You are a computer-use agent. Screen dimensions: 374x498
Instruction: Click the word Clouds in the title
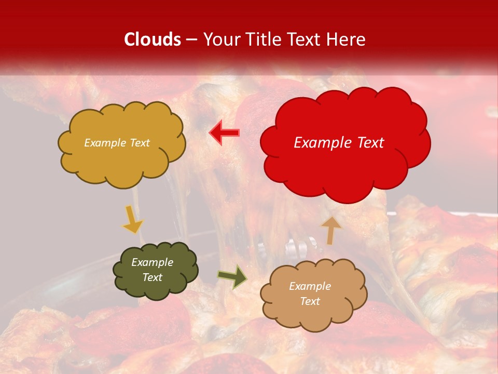[153, 39]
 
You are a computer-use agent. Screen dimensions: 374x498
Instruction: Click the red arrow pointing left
[224, 133]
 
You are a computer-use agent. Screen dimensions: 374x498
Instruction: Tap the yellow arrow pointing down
[133, 219]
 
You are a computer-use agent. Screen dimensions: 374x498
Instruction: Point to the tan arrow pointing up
[330, 230]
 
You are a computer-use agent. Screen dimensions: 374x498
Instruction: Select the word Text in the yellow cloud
[140, 143]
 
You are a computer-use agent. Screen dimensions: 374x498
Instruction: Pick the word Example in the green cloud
[152, 262]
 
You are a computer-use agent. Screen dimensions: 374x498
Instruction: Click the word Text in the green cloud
[153, 277]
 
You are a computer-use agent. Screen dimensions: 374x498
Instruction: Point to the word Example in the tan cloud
[310, 286]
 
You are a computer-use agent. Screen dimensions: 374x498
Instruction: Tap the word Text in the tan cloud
[310, 301]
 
